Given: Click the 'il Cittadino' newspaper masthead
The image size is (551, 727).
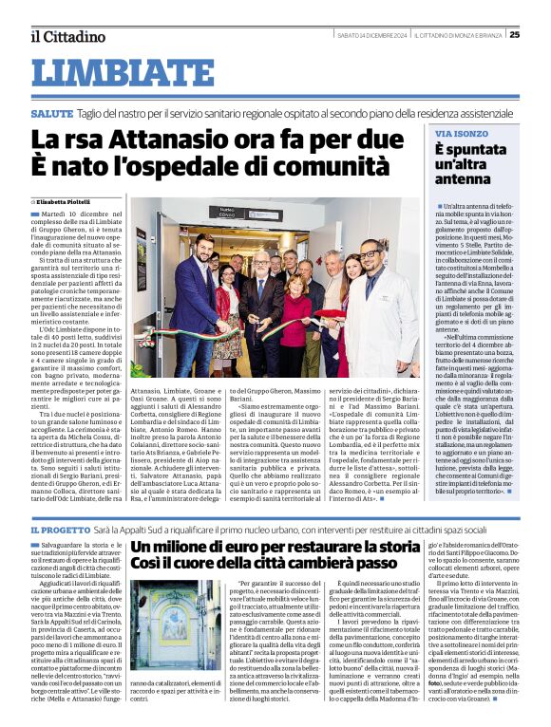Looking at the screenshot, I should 66,36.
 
